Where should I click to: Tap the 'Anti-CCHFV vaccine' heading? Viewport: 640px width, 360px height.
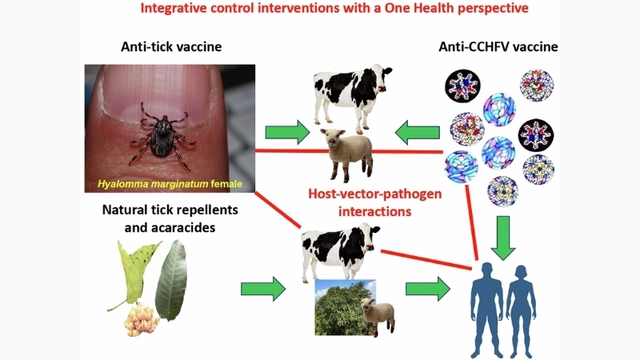(x=497, y=47)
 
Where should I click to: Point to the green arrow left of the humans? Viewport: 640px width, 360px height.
(x=426, y=288)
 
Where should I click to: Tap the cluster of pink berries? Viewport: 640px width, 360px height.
(x=143, y=320)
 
